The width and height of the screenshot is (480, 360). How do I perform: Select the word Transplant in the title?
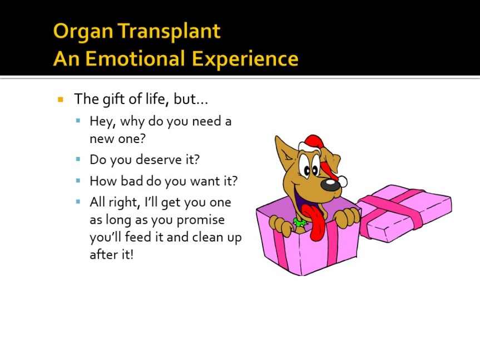(x=169, y=32)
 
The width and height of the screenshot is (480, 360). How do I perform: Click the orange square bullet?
(x=60, y=100)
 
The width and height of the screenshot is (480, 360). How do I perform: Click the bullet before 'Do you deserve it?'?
(x=78, y=159)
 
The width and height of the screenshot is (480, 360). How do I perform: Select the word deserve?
(x=159, y=160)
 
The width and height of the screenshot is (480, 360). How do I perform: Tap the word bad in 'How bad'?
(x=132, y=181)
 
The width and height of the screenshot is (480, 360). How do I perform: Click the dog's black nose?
(x=330, y=185)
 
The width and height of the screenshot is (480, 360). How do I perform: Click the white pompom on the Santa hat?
(x=342, y=181)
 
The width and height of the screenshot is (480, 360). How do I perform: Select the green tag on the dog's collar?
(x=299, y=222)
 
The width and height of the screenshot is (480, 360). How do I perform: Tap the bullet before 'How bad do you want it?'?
(x=78, y=181)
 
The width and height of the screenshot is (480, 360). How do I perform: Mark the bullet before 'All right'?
(x=78, y=202)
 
